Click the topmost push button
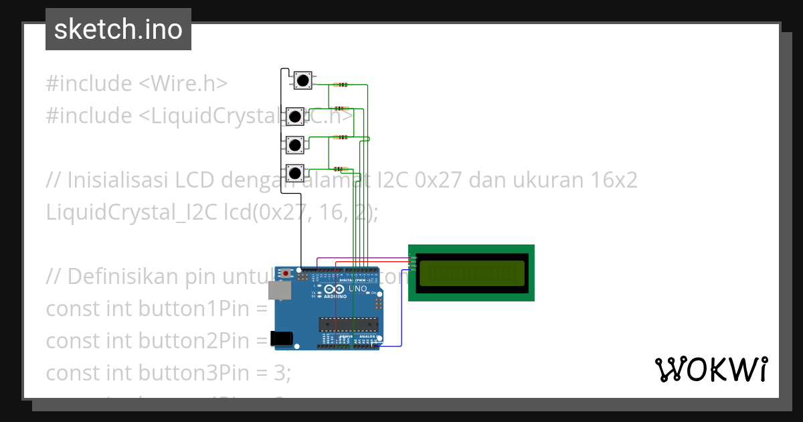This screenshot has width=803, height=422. click(302, 80)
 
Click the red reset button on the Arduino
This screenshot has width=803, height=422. click(286, 273)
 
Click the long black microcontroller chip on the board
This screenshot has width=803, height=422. click(348, 325)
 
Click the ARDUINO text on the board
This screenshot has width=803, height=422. click(335, 295)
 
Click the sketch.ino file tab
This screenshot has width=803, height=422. click(118, 29)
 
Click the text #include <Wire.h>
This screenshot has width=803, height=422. click(137, 84)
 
